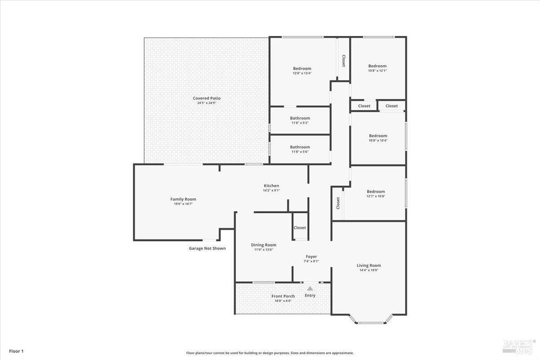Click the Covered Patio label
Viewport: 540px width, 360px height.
coord(207,98)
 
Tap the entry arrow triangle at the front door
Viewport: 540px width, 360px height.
coord(310,288)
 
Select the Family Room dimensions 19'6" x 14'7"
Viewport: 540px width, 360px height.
coord(183,204)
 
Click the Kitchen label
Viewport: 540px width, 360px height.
coord(271,185)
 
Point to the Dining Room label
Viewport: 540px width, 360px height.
coord(264,245)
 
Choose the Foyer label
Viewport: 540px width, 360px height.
coord(311,256)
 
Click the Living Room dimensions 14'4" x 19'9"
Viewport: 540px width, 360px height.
coord(369,270)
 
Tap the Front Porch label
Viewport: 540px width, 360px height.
coord(283,296)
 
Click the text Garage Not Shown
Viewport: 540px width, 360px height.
coord(207,248)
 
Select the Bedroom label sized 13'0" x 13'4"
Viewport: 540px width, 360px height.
coord(302,68)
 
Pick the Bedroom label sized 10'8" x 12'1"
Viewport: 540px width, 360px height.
coord(377,66)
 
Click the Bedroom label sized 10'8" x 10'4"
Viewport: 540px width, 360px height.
coord(378,135)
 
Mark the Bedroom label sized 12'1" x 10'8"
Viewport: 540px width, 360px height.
coord(376,191)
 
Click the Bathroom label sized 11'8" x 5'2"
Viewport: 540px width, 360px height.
coord(300,118)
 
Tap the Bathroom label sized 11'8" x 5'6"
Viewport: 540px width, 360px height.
coord(300,147)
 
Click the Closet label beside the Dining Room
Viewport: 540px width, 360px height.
coord(300,228)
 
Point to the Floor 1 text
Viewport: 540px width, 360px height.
coord(16,351)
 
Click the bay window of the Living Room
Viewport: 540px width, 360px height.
coord(371,322)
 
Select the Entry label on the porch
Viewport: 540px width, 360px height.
coord(310,296)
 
